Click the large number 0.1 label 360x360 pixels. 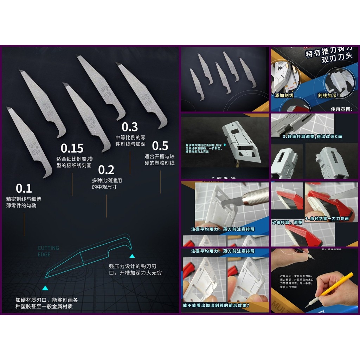pyautogui.click(x=24, y=188)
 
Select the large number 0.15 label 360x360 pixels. pyautogui.click(x=72, y=148)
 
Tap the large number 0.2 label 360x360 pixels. pyautogui.click(x=106, y=170)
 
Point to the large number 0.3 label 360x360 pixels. pyautogui.click(x=130, y=127)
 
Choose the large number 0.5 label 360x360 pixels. pyautogui.click(x=160, y=146)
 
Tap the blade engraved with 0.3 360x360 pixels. pyautogui.click(x=102, y=88)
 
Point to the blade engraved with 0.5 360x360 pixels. pyautogui.click(x=142, y=95)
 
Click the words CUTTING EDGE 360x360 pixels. pyautogui.click(x=48, y=251)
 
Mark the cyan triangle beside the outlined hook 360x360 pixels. pyautogui.click(x=132, y=256)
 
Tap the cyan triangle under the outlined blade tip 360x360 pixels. pyautogui.click(x=45, y=288)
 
